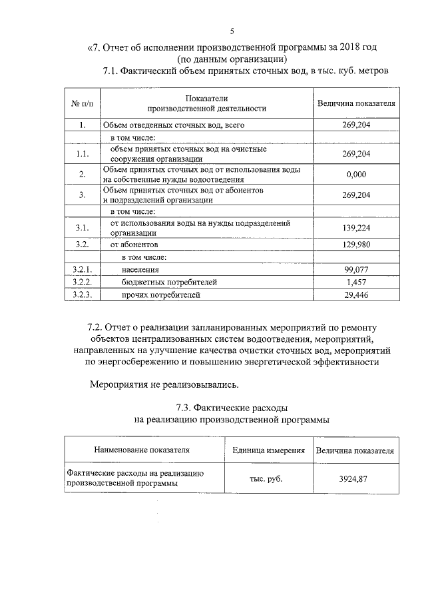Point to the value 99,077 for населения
click(x=356, y=270)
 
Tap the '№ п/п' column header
click(x=82, y=103)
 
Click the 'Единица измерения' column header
click(x=268, y=450)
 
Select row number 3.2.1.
click(x=82, y=270)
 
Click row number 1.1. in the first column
click(x=82, y=154)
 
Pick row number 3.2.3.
click(x=82, y=295)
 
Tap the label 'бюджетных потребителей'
click(x=169, y=282)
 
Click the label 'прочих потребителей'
click(x=160, y=295)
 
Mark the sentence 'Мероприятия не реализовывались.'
click(x=164, y=384)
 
